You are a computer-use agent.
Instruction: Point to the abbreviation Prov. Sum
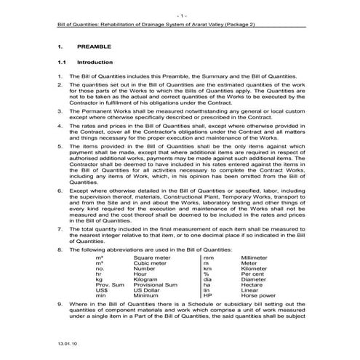coord(108,284)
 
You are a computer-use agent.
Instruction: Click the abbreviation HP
coord(207,296)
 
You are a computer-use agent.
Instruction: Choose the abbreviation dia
coord(207,278)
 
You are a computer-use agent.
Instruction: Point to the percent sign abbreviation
coord(206,272)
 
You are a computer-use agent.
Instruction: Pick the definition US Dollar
coord(148,290)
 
